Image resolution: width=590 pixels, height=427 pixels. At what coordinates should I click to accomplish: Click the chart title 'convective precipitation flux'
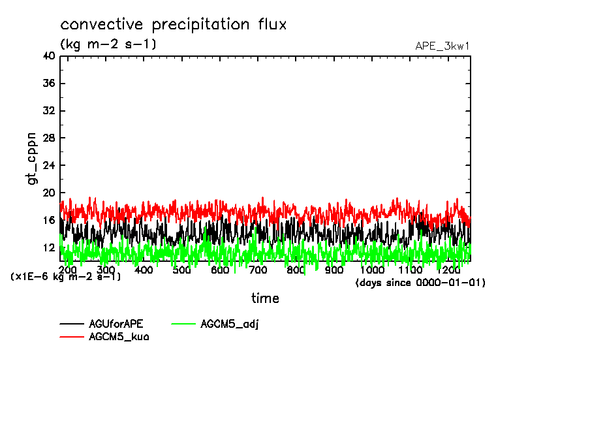[174, 25]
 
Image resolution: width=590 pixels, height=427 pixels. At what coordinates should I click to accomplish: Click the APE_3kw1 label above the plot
[442, 46]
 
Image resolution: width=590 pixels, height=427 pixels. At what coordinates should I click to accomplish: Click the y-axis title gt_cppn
[32, 159]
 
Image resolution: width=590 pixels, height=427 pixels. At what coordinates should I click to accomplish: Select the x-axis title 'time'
[266, 298]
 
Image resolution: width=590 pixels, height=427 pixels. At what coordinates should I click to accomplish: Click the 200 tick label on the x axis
[68, 270]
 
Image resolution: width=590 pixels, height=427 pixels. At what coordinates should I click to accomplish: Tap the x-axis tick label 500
[182, 270]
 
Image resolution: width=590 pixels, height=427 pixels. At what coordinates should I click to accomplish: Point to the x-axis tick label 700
[258, 270]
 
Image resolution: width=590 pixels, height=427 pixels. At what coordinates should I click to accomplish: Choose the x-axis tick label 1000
[373, 270]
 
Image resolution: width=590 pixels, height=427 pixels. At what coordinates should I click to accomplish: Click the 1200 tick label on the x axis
[449, 270]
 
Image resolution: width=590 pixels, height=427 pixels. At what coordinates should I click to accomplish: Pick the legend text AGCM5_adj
[230, 324]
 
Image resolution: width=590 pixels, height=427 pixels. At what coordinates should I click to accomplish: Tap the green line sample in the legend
[185, 324]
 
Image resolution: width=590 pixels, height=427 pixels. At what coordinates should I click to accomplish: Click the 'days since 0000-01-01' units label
[420, 283]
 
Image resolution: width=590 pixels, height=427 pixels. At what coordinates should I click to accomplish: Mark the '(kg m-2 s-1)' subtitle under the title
[108, 44]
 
